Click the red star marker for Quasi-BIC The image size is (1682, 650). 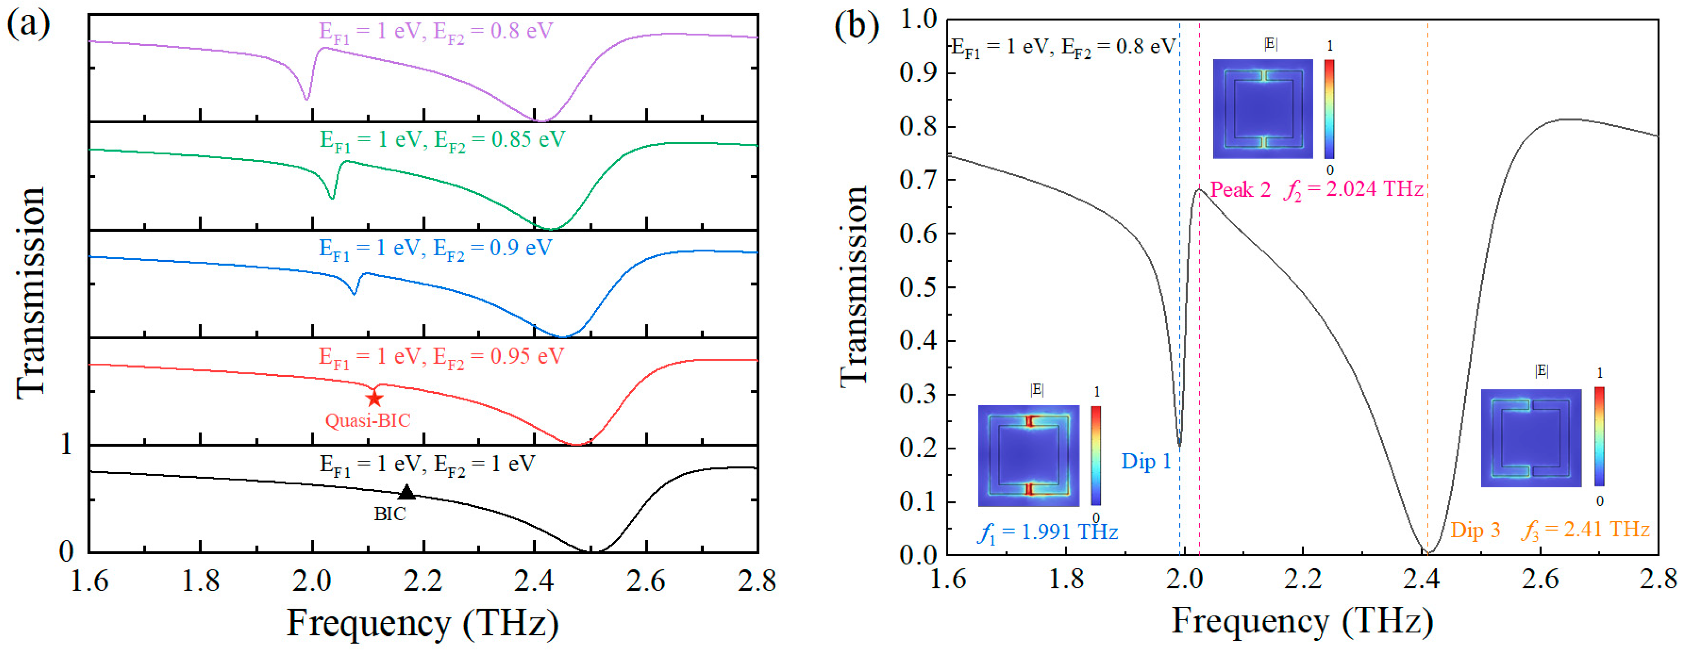click(374, 398)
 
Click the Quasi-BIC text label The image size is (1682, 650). click(368, 420)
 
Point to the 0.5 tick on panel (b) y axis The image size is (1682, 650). click(919, 287)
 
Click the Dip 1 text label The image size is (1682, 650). click(1146, 462)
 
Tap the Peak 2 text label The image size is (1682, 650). click(1240, 190)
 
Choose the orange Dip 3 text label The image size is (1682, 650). click(1475, 530)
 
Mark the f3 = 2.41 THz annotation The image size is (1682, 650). click(1585, 529)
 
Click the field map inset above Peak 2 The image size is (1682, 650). click(1263, 109)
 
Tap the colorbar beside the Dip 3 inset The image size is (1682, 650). click(1599, 436)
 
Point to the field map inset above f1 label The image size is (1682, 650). click(1028, 455)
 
